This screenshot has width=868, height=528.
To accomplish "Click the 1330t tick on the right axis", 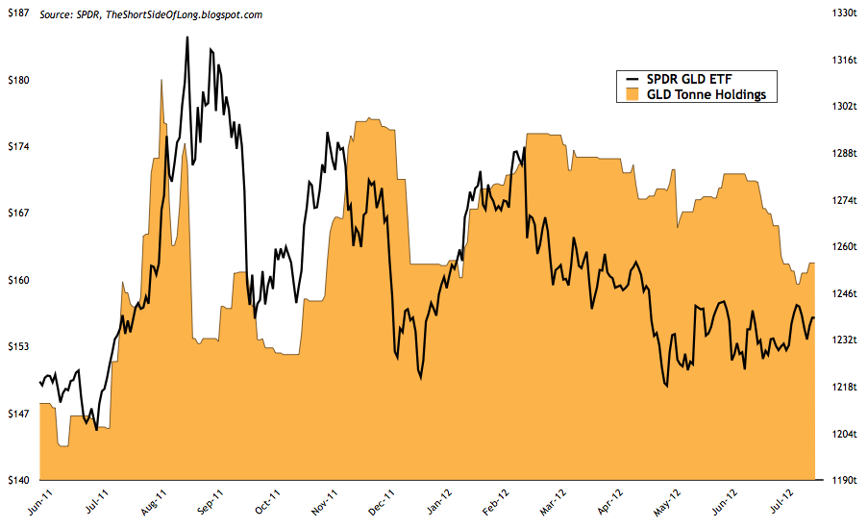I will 842,13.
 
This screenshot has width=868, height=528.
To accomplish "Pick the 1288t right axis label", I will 842,153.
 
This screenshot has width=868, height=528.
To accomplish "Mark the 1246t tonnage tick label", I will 842,293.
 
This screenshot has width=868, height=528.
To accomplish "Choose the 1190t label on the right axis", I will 842,479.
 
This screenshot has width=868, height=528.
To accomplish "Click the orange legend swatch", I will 632,94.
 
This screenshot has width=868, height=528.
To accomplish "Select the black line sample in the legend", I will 632,79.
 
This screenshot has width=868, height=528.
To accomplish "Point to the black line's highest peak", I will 186,37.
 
